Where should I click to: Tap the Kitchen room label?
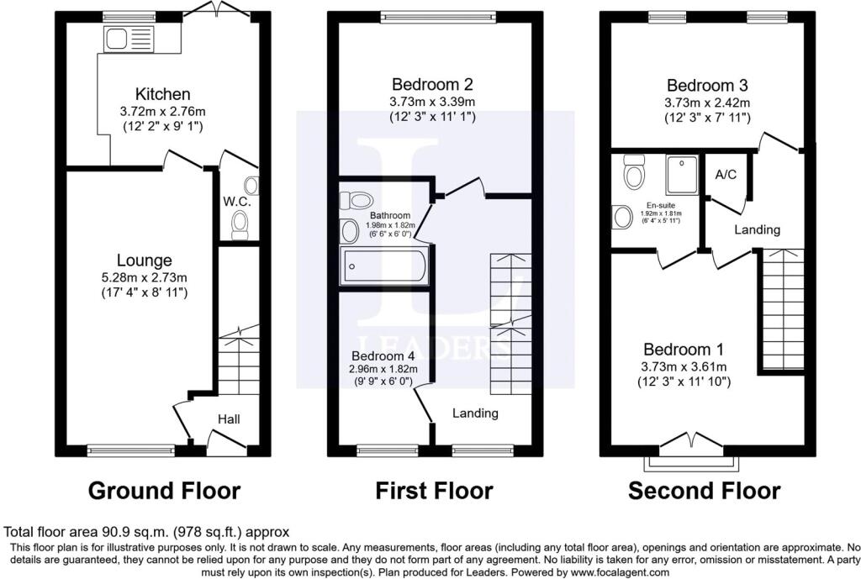coord(162,94)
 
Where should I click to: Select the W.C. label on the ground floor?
coord(236,202)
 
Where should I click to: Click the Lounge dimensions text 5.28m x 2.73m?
coord(145,277)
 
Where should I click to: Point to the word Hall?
coord(229,419)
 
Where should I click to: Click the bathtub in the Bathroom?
coord(384,266)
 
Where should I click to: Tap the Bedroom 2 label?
coord(432,85)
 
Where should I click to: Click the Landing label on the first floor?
coord(475,413)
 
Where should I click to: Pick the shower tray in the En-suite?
coord(682,175)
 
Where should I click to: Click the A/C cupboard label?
coord(726,175)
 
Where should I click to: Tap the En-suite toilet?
coord(634,171)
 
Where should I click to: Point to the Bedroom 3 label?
coord(706,86)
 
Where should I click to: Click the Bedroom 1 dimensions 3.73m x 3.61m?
coord(684,366)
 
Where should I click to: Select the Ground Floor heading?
coord(164,491)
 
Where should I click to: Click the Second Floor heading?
coord(704,491)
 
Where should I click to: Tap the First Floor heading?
coord(434,491)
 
